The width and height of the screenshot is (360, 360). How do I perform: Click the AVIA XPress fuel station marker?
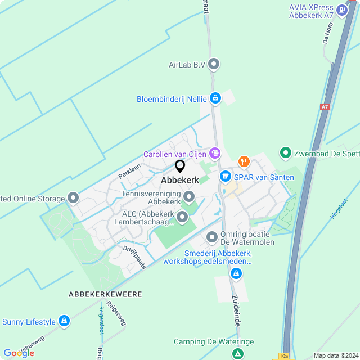(x=341, y=10)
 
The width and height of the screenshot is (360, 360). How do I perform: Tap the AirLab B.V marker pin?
(x=214, y=65)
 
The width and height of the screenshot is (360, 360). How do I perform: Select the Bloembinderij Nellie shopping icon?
(x=215, y=99)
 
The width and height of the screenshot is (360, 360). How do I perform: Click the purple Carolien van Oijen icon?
(x=214, y=154)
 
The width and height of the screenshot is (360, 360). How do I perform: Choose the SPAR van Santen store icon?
(x=226, y=177)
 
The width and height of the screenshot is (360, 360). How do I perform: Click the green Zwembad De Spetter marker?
(x=285, y=152)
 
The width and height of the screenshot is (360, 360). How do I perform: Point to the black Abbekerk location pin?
(x=180, y=166)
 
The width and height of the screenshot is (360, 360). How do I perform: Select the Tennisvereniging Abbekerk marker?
(x=189, y=197)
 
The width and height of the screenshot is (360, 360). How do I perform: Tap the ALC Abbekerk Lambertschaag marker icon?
(x=182, y=217)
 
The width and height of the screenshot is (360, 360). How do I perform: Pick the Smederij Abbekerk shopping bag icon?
(x=237, y=274)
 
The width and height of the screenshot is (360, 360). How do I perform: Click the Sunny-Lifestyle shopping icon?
(x=65, y=321)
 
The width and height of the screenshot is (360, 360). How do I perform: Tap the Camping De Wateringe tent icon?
(x=238, y=353)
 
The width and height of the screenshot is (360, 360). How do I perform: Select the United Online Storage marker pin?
(x=73, y=197)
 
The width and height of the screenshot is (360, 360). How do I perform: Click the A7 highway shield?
(x=325, y=107)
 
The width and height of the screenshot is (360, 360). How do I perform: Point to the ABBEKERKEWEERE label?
(x=105, y=294)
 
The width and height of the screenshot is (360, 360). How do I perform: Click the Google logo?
(x=19, y=353)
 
